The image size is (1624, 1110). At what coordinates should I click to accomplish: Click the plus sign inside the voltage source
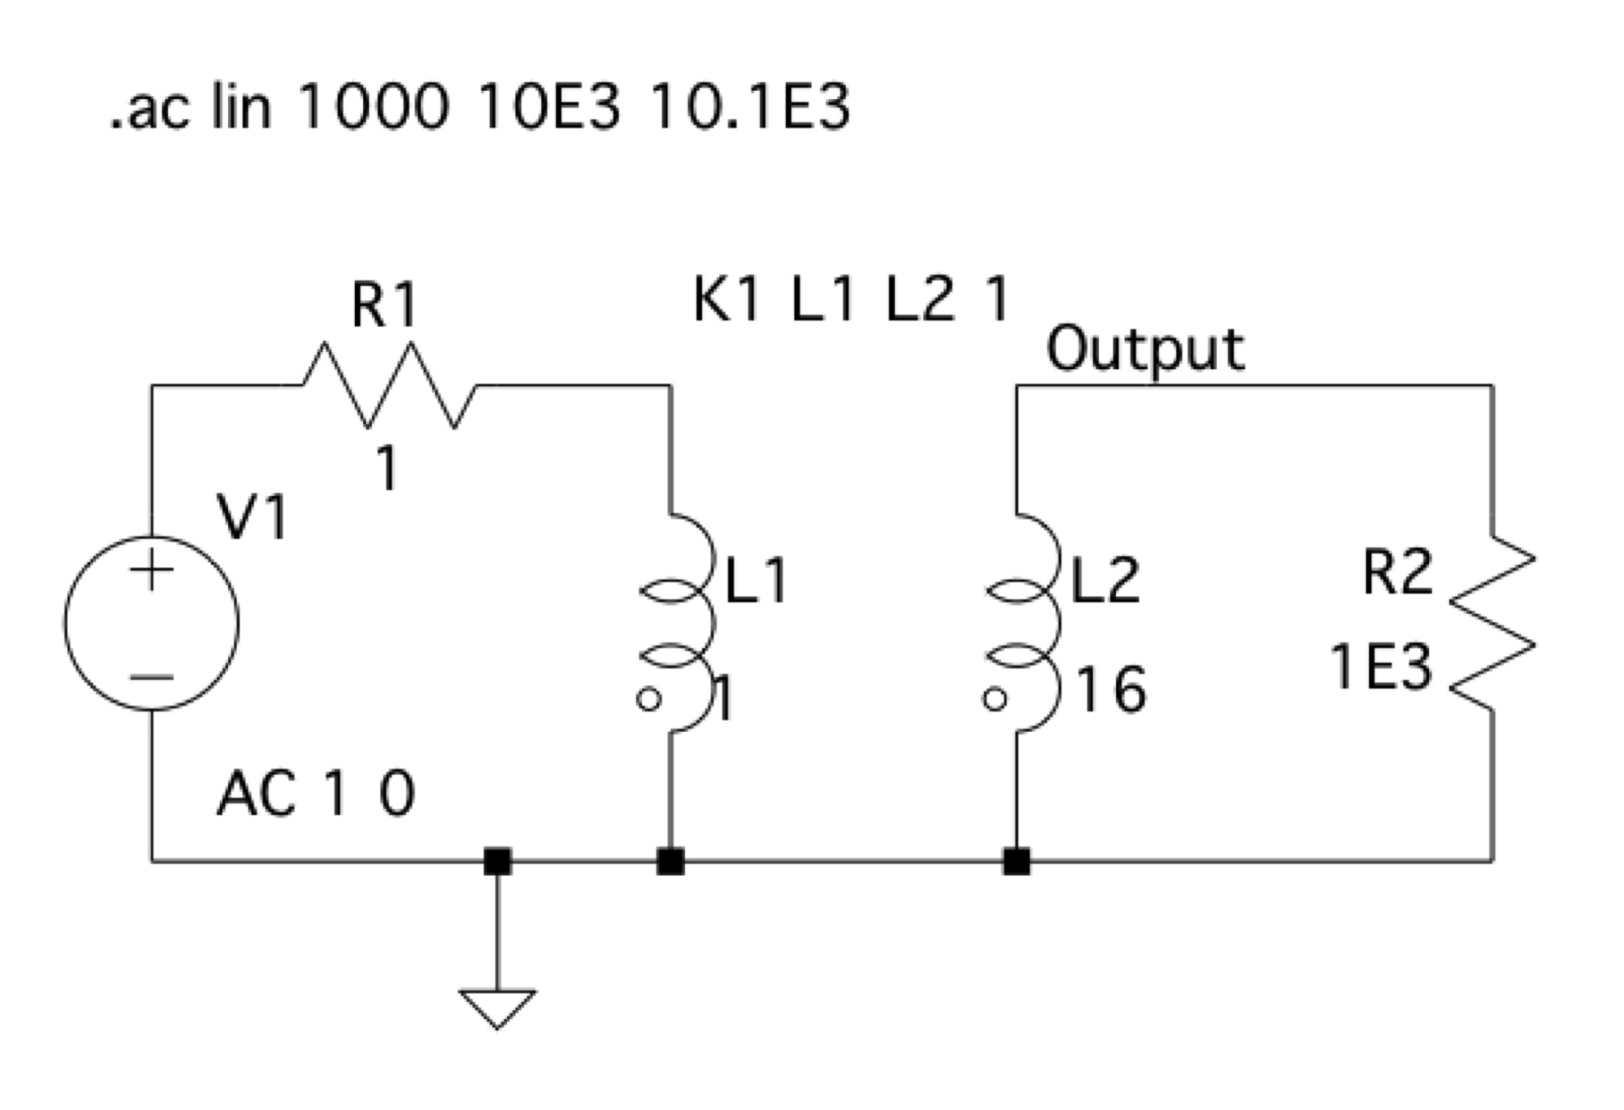click(152, 570)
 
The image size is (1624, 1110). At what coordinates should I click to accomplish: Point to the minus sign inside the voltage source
click(152, 677)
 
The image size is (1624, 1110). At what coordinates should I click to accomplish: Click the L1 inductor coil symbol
click(711, 623)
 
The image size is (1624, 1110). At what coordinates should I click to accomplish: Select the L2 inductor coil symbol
click(1058, 623)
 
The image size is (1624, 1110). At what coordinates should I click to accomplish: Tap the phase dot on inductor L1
click(649, 699)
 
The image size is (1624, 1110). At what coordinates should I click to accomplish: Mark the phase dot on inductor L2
click(995, 699)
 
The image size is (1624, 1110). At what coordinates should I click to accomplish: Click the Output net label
click(1145, 350)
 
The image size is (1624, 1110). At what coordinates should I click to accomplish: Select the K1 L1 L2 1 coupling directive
click(851, 299)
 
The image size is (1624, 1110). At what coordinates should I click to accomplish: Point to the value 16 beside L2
click(1111, 690)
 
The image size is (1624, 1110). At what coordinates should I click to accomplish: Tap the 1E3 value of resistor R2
click(1380, 667)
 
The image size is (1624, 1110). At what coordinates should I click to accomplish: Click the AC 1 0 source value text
click(316, 795)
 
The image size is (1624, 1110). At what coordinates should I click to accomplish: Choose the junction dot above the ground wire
click(497, 862)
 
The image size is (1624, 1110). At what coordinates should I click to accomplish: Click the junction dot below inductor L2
click(1016, 862)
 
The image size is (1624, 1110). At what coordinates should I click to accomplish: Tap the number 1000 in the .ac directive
click(373, 107)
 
